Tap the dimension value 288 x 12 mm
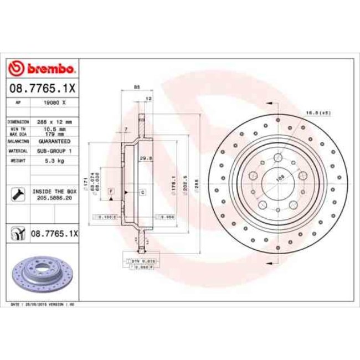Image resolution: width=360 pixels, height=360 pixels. click(x=54, y=121)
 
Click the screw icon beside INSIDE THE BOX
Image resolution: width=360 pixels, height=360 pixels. click(x=18, y=194)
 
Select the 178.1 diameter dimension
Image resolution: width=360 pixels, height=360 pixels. click(x=174, y=182)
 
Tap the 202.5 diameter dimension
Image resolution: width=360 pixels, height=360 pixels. click(x=186, y=182)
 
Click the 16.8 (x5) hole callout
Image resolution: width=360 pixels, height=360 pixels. click(x=318, y=113)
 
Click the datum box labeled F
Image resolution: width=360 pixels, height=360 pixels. click(x=111, y=191)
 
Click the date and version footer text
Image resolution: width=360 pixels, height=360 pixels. click(x=44, y=305)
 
